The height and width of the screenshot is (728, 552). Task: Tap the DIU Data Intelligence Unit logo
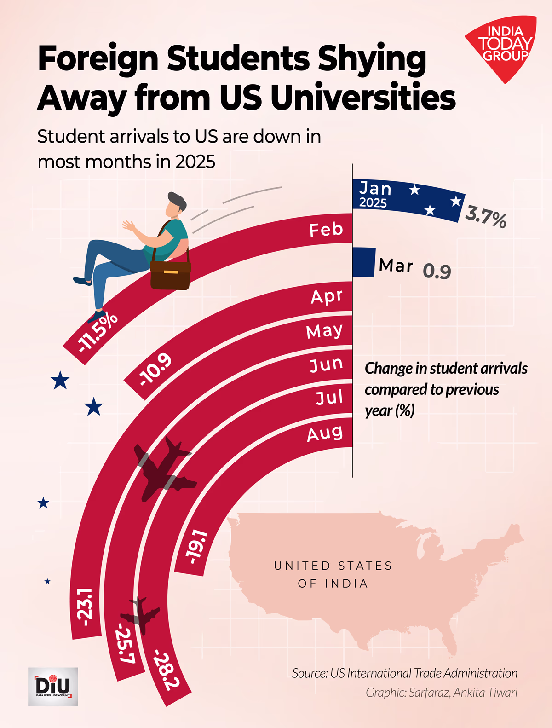53,686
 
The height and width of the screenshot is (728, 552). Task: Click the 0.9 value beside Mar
437,272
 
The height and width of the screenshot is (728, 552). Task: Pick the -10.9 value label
155,370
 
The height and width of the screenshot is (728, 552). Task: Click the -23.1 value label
86,607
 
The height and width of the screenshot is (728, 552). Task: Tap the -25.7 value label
126,643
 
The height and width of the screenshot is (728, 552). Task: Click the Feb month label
326,230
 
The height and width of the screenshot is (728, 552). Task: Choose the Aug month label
325,433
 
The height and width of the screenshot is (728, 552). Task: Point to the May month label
324,331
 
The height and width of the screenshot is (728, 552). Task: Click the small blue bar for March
364,262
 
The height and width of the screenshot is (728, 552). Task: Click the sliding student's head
176,205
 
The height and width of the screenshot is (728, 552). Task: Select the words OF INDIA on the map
333,584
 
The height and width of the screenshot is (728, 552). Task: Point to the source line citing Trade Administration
404,673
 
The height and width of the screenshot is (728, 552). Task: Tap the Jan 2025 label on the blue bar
375,195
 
